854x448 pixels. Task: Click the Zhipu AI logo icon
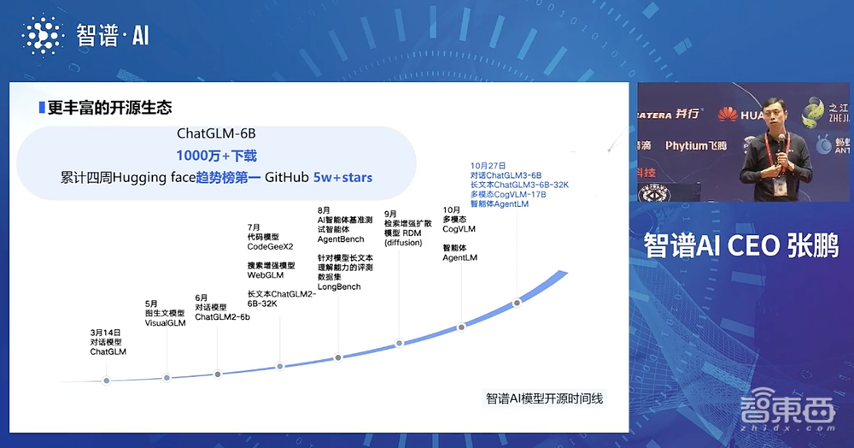pyautogui.click(x=42, y=35)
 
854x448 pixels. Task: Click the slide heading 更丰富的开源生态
pyautogui.click(x=109, y=108)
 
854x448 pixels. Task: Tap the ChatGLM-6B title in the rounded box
pyautogui.click(x=216, y=134)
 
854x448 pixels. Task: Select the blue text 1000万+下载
pyautogui.click(x=216, y=156)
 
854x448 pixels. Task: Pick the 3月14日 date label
pyautogui.click(x=106, y=332)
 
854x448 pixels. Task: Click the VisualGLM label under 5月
pyautogui.click(x=165, y=324)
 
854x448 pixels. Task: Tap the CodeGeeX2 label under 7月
pyautogui.click(x=271, y=247)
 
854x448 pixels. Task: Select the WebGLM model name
pyautogui.click(x=265, y=274)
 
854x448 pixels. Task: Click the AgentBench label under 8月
pyautogui.click(x=340, y=239)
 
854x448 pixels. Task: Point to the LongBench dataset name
pyautogui.click(x=338, y=286)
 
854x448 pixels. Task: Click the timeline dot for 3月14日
pyautogui.click(x=107, y=380)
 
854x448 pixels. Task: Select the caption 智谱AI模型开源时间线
pyautogui.click(x=544, y=398)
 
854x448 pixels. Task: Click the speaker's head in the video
pyautogui.click(x=763, y=111)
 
